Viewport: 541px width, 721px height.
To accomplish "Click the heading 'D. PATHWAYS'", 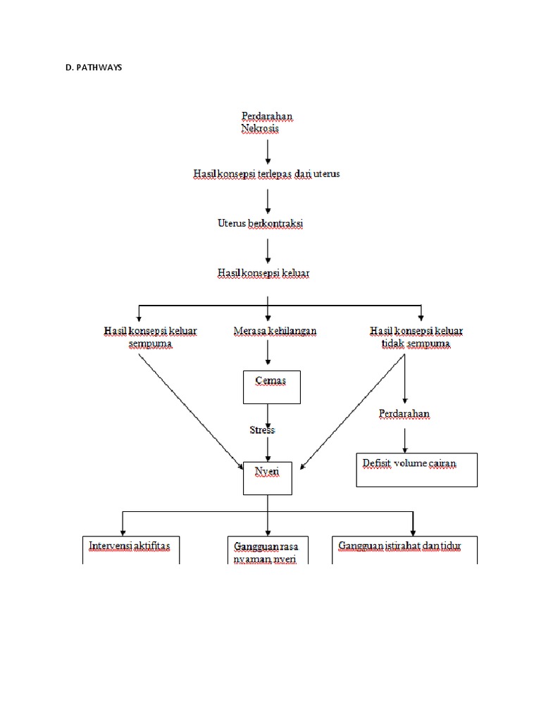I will (93, 68).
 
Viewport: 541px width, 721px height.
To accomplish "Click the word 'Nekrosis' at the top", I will (260, 129).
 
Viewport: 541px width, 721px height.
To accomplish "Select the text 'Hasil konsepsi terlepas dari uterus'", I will (267, 173).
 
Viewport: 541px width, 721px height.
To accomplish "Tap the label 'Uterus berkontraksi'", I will (260, 223).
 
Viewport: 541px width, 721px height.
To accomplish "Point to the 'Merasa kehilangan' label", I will (274, 330).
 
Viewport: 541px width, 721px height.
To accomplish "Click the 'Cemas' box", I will (271, 387).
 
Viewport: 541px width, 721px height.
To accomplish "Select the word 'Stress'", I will (261, 430).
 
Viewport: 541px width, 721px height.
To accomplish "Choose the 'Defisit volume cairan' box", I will (416, 470).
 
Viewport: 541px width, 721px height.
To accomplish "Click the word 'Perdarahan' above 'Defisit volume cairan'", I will (404, 414).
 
